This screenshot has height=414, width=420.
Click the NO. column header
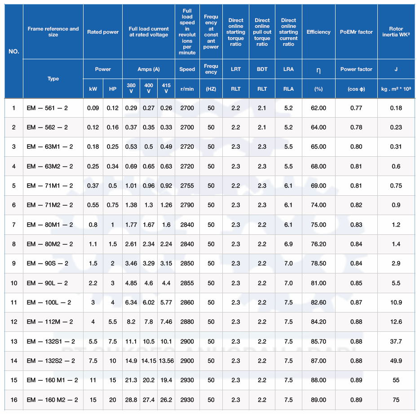pos(14,51)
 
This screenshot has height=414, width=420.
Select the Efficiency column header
pos(318,32)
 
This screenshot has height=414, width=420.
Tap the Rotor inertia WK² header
pos(396,32)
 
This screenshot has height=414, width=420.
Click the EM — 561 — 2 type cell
pos(47,108)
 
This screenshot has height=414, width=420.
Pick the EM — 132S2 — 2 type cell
pos(51,361)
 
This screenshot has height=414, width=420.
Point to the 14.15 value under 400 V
pos(149,361)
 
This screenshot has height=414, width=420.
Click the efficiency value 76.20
pos(318,244)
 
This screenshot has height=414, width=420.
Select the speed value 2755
pos(187,185)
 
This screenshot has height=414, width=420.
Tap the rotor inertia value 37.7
pos(396,341)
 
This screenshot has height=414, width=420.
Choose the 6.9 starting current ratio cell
pos(288,244)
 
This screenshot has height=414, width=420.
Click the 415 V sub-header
pos(166,88)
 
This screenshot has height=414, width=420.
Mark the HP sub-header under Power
pos(113,89)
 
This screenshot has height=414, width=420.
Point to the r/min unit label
pos(187,89)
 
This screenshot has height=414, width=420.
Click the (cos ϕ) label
pos(356,89)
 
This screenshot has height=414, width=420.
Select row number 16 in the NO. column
pos(14,400)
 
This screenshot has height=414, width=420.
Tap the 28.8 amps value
pos(131,400)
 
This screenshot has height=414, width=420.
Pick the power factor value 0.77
pos(356,108)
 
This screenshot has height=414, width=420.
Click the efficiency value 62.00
pos(318,108)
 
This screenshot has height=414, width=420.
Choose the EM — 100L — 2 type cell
pos(49,302)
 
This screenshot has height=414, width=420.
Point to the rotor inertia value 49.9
pos(396,361)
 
